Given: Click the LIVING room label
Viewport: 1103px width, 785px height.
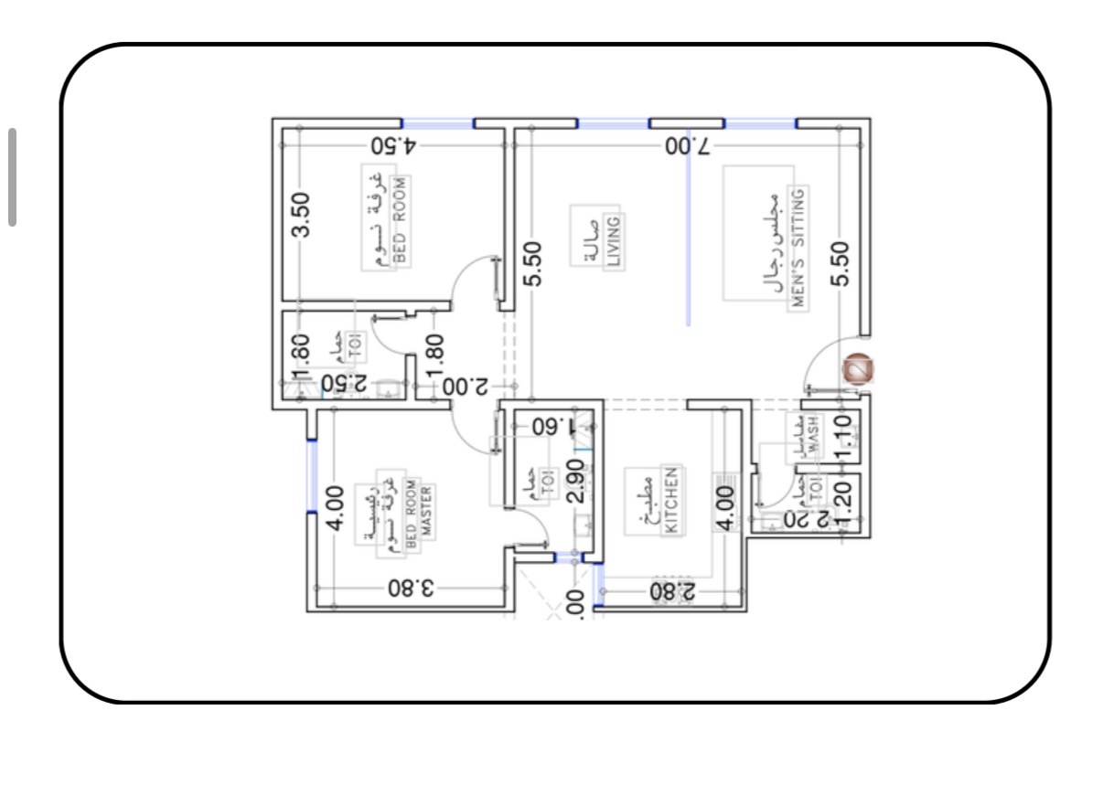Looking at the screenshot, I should click(x=613, y=240).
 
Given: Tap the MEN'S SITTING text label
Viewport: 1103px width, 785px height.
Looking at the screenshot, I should click(x=798, y=248).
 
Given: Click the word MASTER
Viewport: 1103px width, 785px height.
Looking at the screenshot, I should click(x=425, y=515).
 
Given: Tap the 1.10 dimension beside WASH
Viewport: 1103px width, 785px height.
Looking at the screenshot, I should click(x=844, y=436).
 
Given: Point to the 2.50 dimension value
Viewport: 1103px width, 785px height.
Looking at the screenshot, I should click(x=343, y=384).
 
